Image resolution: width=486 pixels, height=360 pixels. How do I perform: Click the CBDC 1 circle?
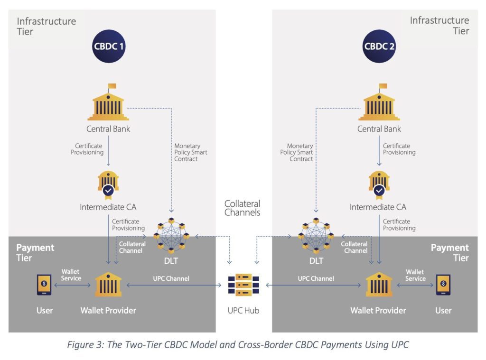coord(109,46)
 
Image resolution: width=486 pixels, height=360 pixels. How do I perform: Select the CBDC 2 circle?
coord(379,46)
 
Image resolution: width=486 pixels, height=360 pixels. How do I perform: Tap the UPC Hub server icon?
coord(243,285)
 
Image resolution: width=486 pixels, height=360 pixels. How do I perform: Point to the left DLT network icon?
coord(171,235)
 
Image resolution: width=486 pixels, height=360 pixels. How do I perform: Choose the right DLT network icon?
coord(316,235)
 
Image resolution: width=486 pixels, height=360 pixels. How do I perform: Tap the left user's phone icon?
coord(44,285)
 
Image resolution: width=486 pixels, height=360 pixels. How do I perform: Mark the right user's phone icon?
coord(443,285)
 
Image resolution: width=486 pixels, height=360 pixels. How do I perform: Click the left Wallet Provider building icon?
coord(108,285)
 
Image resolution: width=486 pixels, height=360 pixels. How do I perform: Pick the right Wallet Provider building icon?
coord(379,285)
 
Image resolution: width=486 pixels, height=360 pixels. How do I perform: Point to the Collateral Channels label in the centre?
coord(243,208)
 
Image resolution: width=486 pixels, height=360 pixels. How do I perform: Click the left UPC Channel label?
coord(171,278)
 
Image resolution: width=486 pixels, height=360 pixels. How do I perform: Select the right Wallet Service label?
coord(415,275)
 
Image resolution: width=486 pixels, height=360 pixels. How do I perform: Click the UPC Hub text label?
coord(243,311)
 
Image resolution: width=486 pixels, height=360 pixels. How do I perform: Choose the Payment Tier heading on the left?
coord(35,253)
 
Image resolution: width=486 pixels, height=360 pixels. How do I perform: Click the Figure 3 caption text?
coord(243,345)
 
